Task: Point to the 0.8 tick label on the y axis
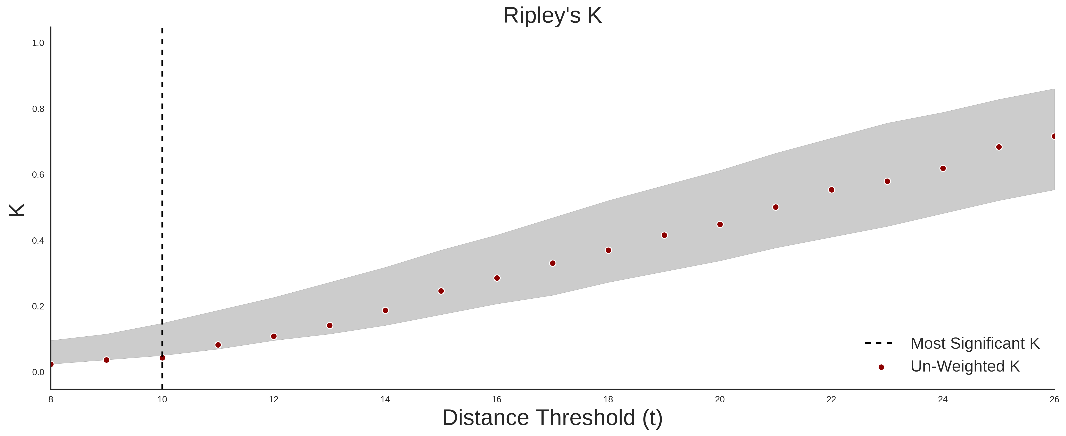click(x=38, y=109)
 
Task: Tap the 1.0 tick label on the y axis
click(x=38, y=43)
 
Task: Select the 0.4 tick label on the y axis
click(x=38, y=240)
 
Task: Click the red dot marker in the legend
click(x=881, y=367)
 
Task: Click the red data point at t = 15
click(x=441, y=291)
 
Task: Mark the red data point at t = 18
click(x=608, y=250)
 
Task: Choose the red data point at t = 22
click(x=831, y=190)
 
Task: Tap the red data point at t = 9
click(x=106, y=360)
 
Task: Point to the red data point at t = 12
click(x=274, y=336)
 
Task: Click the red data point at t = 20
click(x=720, y=224)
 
